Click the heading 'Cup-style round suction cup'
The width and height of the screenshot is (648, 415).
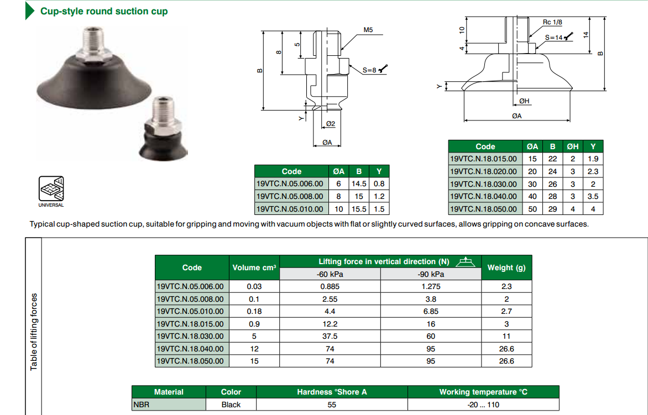pyautogui.click(x=104, y=11)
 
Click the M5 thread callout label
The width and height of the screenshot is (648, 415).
pyautogui.click(x=368, y=30)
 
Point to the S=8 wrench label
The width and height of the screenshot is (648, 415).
pyautogui.click(x=369, y=70)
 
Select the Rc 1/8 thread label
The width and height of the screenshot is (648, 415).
pyautogui.click(x=552, y=22)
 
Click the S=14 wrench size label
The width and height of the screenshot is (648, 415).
pyautogui.click(x=554, y=38)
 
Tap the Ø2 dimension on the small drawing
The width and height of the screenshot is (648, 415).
pyautogui.click(x=330, y=123)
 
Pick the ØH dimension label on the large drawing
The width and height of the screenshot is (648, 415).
pyautogui.click(x=524, y=101)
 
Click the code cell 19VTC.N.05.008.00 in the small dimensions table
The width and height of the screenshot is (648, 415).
pyautogui.click(x=290, y=196)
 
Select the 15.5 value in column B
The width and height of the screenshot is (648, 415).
pyautogui.click(x=359, y=209)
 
